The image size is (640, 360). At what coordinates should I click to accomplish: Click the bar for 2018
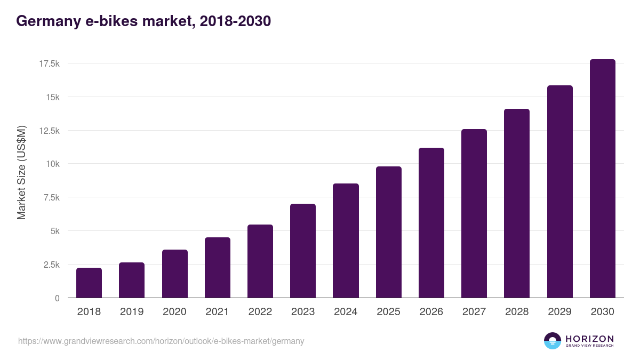pyautogui.click(x=89, y=283)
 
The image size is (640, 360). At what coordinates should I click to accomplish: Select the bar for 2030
pyautogui.click(x=602, y=179)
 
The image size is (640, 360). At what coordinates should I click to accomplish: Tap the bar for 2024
pyautogui.click(x=346, y=241)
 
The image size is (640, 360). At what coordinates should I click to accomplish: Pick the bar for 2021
pyautogui.click(x=218, y=268)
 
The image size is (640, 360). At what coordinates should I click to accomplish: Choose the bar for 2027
pyautogui.click(x=474, y=213)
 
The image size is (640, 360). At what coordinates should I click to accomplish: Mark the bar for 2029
pyautogui.click(x=559, y=191)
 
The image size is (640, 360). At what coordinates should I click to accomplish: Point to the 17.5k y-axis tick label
pyautogui.click(x=49, y=63)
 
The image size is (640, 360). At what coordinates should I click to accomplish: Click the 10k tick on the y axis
pyautogui.click(x=52, y=164)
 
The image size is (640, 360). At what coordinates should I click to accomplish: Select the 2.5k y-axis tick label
pyautogui.click(x=51, y=265)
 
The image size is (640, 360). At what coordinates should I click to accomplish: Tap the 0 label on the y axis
pyautogui.click(x=57, y=298)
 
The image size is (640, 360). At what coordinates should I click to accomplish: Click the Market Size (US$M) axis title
pyautogui.click(x=21, y=173)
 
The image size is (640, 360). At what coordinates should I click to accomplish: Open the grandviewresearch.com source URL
pyautogui.click(x=161, y=341)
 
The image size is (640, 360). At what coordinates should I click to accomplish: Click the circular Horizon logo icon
pyautogui.click(x=553, y=341)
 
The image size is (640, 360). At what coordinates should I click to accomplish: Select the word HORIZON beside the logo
pyautogui.click(x=589, y=338)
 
